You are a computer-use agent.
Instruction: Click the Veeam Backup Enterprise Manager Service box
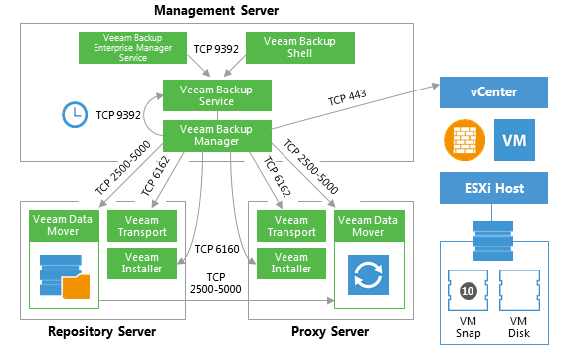[x=132, y=48]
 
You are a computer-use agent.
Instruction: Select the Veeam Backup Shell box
[x=300, y=48]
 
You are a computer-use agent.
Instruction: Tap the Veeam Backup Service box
[x=217, y=95]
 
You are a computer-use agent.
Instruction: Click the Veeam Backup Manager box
[x=217, y=136]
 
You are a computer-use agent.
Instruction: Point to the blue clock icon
[x=75, y=114]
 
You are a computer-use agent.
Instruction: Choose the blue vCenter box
[x=493, y=92]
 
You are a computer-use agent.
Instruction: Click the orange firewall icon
[x=465, y=140]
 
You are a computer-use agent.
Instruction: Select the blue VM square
[x=514, y=140]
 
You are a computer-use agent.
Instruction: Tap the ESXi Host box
[x=493, y=188]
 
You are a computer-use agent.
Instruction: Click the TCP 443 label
[x=347, y=97]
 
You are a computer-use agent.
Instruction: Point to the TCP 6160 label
[x=217, y=249]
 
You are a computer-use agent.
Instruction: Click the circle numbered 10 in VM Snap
[x=468, y=291]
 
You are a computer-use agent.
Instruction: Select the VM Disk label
[x=518, y=327]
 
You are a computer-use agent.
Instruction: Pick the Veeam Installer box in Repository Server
[x=142, y=264]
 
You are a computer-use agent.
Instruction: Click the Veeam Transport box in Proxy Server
[x=291, y=226]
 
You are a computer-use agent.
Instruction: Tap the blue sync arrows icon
[x=368, y=274]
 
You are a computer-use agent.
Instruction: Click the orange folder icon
[x=76, y=287]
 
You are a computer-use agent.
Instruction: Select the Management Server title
[x=216, y=10]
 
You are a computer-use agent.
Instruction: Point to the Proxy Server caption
[x=330, y=332]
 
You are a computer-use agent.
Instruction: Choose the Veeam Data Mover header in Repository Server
[x=64, y=226]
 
